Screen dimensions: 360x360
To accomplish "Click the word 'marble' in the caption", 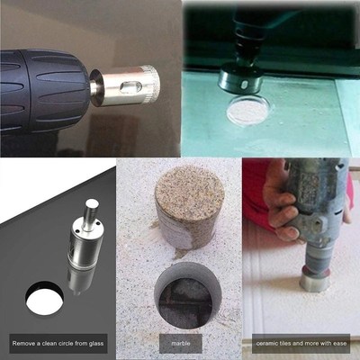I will pos(180,343).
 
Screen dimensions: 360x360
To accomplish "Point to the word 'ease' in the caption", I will pos(343,343).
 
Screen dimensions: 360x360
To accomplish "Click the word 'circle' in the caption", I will pos(67,343).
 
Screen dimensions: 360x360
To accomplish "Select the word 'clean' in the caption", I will pos(47,343).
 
